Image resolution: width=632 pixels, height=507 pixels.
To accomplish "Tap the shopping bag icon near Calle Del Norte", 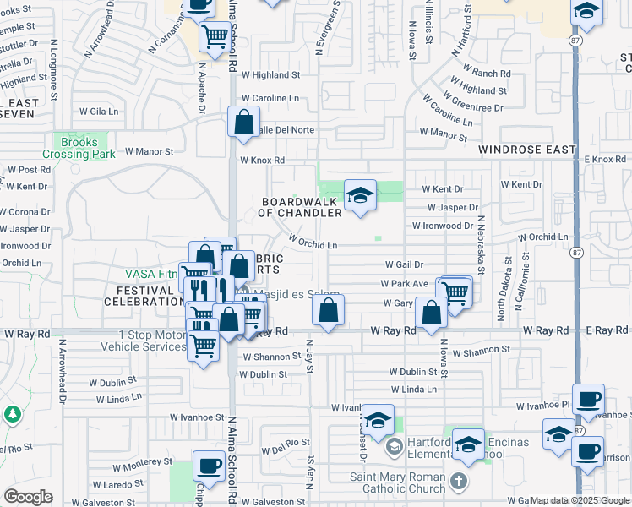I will (x=243, y=123).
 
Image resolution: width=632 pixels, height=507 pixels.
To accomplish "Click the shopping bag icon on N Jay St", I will (x=328, y=310).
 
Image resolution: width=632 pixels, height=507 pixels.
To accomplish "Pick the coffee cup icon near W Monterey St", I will (x=209, y=466).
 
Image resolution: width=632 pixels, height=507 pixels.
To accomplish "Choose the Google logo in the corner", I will (x=27, y=497).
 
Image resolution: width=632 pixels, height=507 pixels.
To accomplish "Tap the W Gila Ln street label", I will (x=100, y=111).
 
